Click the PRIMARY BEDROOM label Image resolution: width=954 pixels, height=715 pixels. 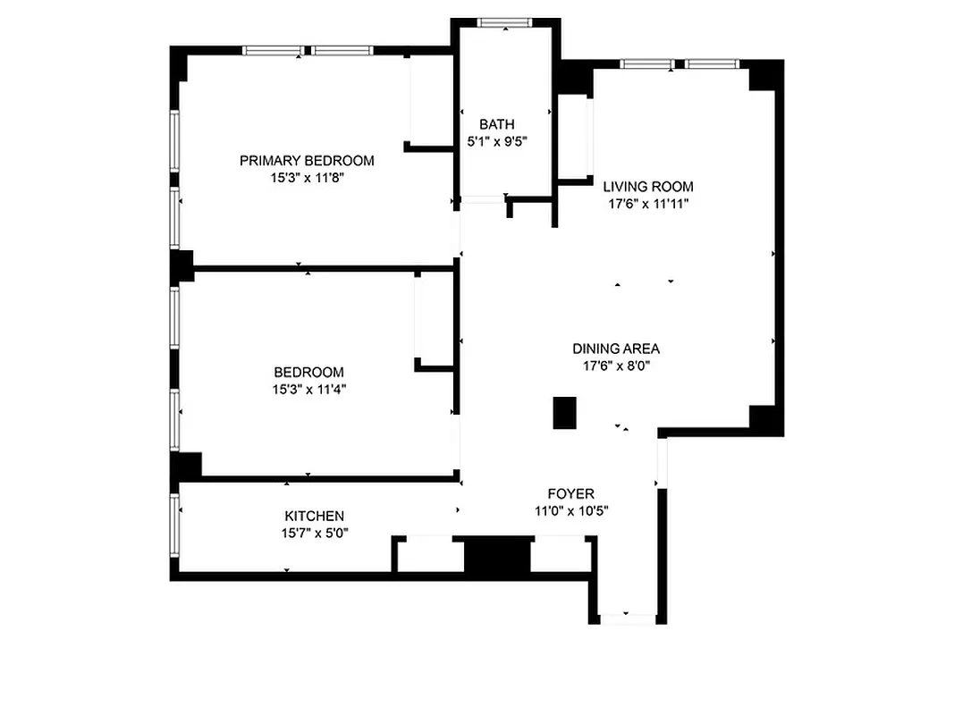[x=307, y=161]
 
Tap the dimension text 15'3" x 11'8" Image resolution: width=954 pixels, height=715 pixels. [x=307, y=178]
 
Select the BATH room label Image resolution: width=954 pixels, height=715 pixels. [x=496, y=124]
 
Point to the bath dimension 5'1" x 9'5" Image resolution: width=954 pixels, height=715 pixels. [x=496, y=140]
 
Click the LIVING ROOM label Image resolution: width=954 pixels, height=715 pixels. [x=647, y=187]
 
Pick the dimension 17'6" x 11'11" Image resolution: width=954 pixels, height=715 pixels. [x=647, y=204]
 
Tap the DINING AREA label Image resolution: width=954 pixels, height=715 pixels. [x=616, y=349]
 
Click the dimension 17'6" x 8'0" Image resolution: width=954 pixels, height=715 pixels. [x=616, y=365]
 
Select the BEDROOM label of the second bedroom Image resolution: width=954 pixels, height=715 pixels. [x=308, y=372]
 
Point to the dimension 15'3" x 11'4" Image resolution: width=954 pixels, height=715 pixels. [x=308, y=389]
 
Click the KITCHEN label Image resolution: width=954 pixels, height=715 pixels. [x=314, y=516]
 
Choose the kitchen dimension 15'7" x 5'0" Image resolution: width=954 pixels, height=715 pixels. [x=314, y=533]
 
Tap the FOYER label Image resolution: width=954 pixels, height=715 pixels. [x=570, y=494]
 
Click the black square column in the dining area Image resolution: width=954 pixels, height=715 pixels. [x=564, y=413]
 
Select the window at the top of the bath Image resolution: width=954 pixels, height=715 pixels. [x=505, y=22]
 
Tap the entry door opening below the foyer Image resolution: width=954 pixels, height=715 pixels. [x=627, y=617]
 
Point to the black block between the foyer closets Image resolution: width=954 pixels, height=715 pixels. [x=497, y=556]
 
